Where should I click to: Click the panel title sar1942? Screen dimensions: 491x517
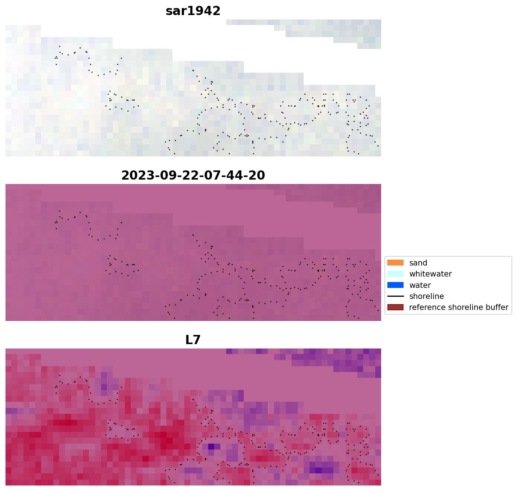193,11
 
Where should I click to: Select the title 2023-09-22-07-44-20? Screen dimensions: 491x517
193,176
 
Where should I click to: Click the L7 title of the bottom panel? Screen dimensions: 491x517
193,340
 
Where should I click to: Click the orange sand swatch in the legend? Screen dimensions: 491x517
395,263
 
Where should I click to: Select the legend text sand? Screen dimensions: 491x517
418,263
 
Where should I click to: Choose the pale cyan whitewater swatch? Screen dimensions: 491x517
395,274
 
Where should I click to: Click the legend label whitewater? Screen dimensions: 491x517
430,274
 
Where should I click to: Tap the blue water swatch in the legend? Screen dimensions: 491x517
395,285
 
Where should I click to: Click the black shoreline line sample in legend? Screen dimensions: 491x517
395,296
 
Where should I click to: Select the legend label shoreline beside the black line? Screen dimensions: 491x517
427,296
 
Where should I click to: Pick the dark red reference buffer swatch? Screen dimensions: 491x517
395,307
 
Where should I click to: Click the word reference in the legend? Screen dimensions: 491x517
426,307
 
